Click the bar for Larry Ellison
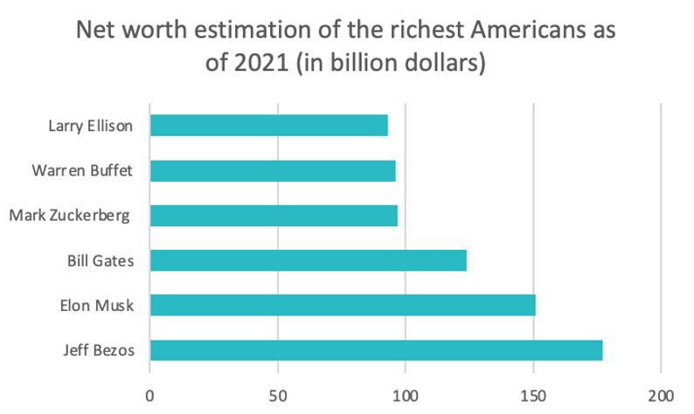coord(268,125)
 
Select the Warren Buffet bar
coord(273,170)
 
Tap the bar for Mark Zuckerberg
coord(274,215)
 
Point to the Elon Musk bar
coord(342,305)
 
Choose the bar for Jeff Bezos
coord(376,350)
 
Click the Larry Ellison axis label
coord(90,125)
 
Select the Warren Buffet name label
coord(82,170)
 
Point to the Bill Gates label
coord(100,260)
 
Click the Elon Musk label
coord(97,305)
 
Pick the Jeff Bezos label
coord(98,350)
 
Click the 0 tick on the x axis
coord(150,393)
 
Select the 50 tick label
coord(278,393)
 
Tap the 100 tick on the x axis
coord(406,393)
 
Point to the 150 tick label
coord(533,393)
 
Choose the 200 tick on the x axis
coord(661,393)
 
